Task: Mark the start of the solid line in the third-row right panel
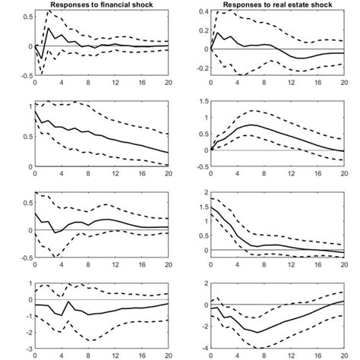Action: pos(211,206)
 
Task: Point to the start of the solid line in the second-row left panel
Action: pos(35,111)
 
